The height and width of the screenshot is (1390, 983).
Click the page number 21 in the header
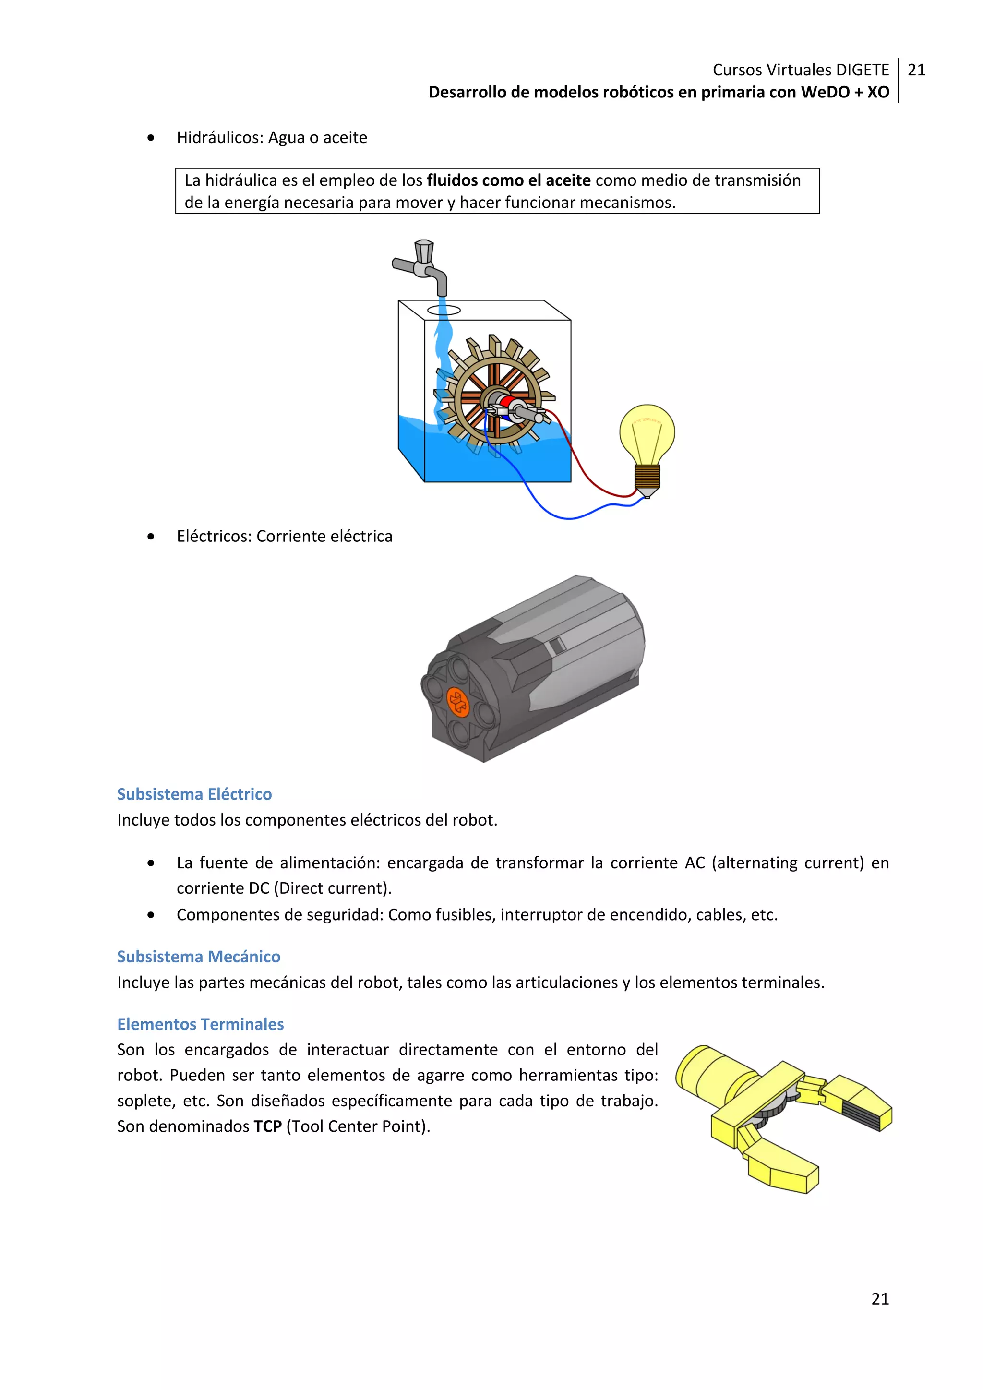(916, 70)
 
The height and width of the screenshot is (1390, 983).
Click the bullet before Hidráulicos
(151, 139)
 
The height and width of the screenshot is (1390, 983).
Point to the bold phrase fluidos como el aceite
(508, 180)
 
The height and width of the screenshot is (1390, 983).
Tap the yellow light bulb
(647, 433)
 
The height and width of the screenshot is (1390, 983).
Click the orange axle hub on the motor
(457, 702)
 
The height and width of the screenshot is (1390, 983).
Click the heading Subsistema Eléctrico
(194, 794)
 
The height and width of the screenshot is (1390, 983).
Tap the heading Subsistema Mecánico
(199, 957)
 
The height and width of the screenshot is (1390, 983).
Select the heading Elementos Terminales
(200, 1024)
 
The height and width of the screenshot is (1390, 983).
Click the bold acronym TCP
(267, 1126)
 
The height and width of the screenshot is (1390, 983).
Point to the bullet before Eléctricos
(151, 537)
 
